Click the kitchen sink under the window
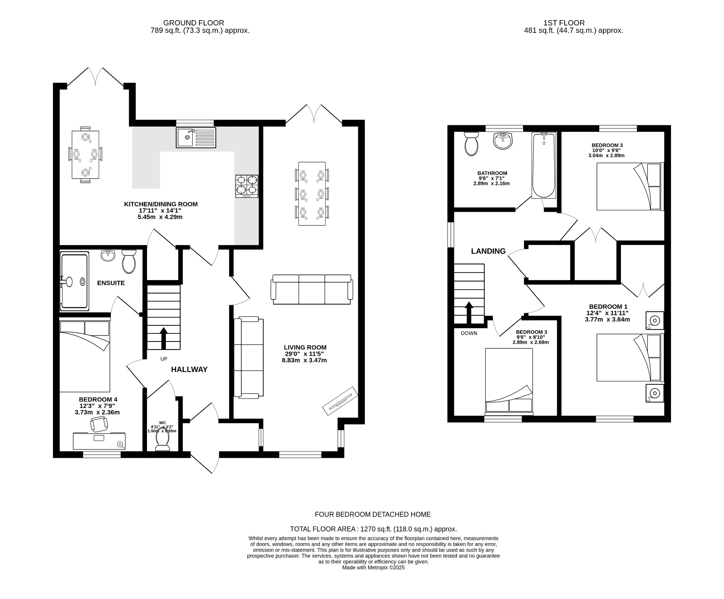point(196,138)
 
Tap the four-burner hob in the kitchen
point(247,186)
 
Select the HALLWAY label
point(189,370)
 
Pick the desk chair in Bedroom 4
point(99,424)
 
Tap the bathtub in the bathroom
point(544,165)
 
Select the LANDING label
point(488,251)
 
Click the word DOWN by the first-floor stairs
point(469,333)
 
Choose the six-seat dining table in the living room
point(312,193)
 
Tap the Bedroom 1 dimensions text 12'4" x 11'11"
point(608,313)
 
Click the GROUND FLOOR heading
point(193,23)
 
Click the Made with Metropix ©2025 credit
point(373,577)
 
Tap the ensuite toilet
point(129,262)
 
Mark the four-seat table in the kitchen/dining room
point(85,155)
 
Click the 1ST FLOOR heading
point(564,23)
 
